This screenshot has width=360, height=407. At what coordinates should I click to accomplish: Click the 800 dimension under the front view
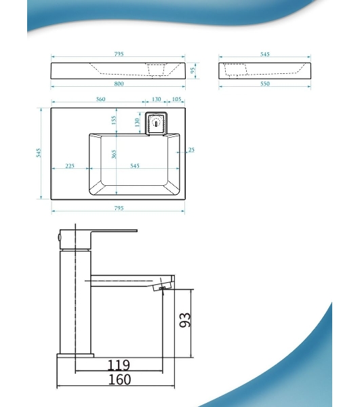pyautogui.click(x=119, y=84)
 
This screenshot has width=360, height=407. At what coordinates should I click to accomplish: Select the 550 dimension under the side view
pyautogui.click(x=265, y=84)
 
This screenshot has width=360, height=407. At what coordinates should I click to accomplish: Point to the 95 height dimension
pyautogui.click(x=193, y=71)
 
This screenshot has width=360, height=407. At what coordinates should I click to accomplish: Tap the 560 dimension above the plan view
pyautogui.click(x=100, y=99)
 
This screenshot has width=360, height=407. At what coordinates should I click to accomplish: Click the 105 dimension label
pyautogui.click(x=176, y=99)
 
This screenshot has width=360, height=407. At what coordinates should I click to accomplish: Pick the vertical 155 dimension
pyautogui.click(x=114, y=120)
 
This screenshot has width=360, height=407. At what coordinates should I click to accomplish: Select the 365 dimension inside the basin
pyautogui.click(x=114, y=154)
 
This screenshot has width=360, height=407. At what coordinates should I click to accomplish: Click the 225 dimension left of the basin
pyautogui.click(x=70, y=166)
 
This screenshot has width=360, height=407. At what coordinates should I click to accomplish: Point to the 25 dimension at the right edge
pyautogui.click(x=191, y=150)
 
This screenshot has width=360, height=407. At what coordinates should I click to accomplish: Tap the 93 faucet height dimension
pyautogui.click(x=185, y=319)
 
